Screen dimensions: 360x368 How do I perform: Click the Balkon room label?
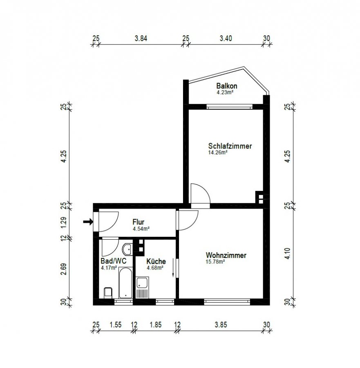point(226,86)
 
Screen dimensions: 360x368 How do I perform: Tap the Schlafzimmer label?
point(230,146)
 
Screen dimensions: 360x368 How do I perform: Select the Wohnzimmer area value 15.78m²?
point(215,262)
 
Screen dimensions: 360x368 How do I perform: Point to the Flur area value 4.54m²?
point(141,229)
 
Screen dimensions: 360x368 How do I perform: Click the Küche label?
point(156,261)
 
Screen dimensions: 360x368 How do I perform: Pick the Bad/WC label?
point(114,261)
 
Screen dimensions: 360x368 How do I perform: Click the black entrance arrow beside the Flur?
point(88,222)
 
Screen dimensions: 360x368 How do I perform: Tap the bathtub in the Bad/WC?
point(125,283)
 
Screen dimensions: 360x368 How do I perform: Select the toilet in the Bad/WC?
point(108,293)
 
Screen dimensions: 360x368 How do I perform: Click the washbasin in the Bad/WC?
point(127,249)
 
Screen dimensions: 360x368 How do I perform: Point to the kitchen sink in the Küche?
point(142,288)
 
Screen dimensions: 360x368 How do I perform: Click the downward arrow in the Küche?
point(173,268)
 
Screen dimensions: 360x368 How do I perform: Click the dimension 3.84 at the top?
point(141,38)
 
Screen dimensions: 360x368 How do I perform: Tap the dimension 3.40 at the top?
point(226,38)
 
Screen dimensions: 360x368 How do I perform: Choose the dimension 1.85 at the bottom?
point(156,325)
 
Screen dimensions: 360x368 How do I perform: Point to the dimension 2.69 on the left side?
point(64,269)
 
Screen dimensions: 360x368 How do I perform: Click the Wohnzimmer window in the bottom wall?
point(227,302)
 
